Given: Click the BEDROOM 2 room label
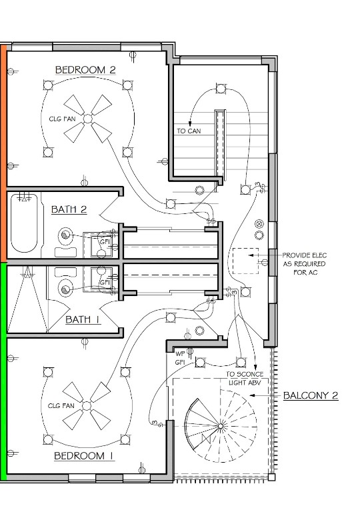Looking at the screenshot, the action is point(85,69).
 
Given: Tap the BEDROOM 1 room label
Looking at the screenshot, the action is point(84,455).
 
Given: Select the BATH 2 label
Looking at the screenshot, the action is point(69,209).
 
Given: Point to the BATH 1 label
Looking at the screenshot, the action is point(83,319).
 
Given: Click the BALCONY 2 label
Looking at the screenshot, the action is point(311,395).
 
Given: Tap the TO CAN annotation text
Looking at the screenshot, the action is point(189,131).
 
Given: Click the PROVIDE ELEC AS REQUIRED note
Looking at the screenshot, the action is point(305,264).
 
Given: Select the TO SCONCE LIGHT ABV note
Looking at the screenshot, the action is point(245,378).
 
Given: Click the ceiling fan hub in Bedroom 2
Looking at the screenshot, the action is point(87,119).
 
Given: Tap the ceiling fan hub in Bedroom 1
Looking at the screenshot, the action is point(86,406).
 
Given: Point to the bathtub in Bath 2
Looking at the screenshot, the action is point(24,223).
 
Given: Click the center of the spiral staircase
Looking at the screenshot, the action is point(221,426).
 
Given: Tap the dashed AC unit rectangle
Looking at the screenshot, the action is point(245,261).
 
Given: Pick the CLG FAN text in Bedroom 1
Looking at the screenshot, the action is point(61,406).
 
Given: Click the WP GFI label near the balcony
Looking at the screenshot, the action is point(180,358).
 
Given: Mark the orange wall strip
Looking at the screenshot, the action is point(3,153).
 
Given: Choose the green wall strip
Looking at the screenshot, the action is point(3,371).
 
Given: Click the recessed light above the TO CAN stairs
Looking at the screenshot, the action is point(221,88).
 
